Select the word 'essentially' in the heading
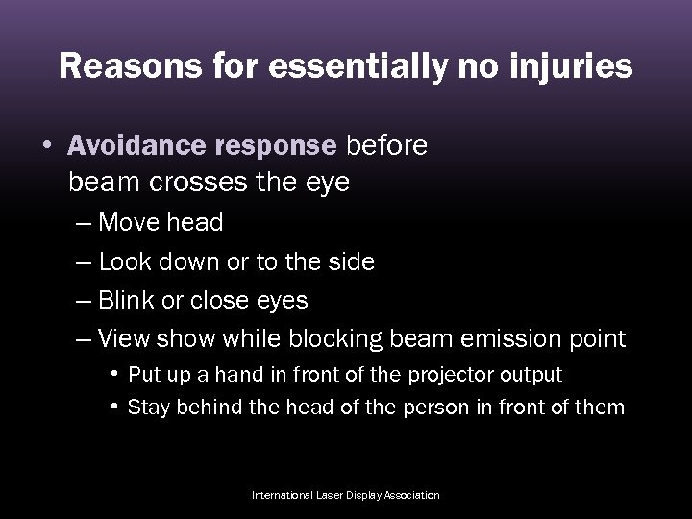(340, 66)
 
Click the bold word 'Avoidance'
(136, 145)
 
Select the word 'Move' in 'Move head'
(130, 223)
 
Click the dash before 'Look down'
(83, 262)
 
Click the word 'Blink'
(129, 300)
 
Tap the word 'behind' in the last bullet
(198, 407)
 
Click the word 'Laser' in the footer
(335, 495)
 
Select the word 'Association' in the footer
(412, 495)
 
